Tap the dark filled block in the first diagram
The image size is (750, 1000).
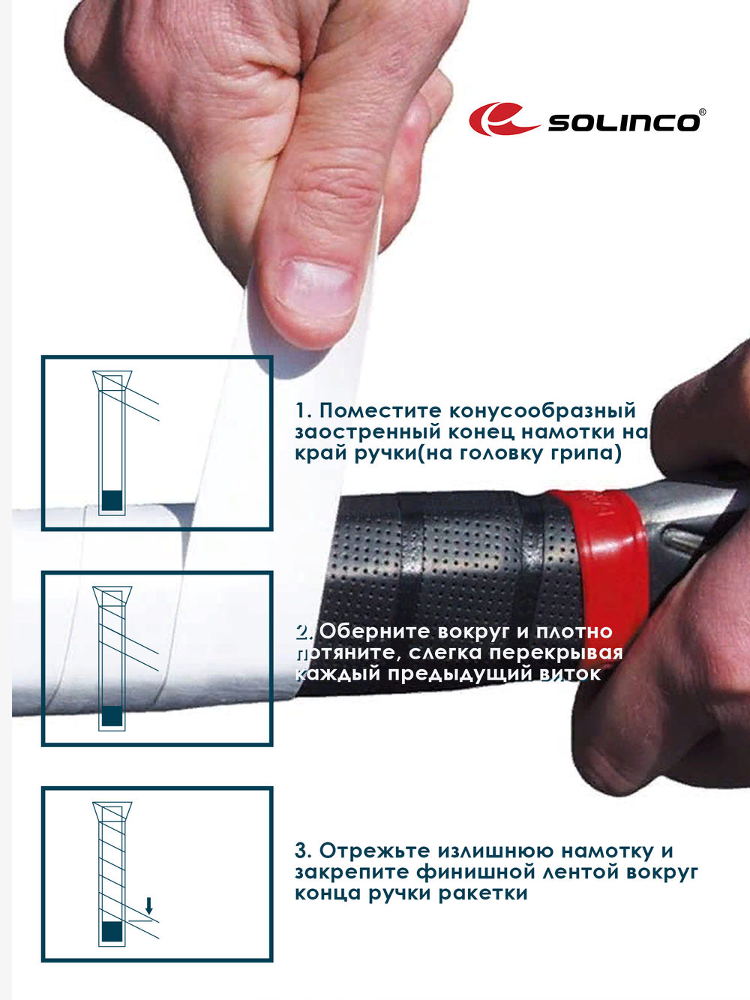coord(112,500)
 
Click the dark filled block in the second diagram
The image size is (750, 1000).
coord(112,716)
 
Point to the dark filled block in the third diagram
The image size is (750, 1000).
coord(112,932)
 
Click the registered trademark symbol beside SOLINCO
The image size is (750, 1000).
coord(702,113)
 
